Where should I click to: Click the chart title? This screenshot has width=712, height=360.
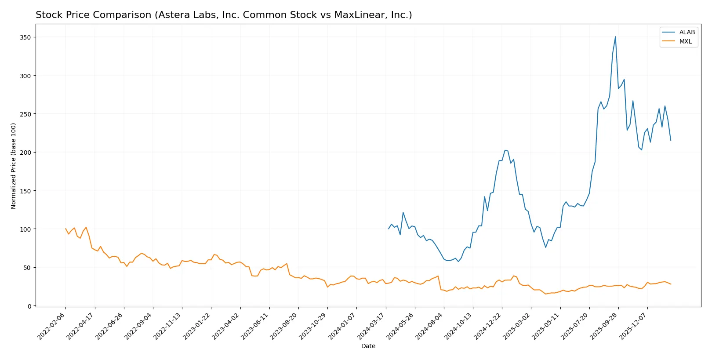click(224, 15)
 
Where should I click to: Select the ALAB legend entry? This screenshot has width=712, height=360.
click(687, 32)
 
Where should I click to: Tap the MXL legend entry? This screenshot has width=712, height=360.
click(685, 41)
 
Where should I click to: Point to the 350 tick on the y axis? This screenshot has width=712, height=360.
click(25, 37)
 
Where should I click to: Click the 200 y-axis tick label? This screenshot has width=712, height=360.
click(25, 153)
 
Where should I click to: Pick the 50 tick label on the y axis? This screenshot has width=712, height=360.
click(27, 268)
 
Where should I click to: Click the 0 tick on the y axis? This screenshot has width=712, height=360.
click(29, 306)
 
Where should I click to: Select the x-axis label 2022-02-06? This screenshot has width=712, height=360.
click(52, 326)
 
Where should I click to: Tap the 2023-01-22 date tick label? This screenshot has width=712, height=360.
click(197, 326)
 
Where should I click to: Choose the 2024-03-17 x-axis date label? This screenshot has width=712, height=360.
click(372, 326)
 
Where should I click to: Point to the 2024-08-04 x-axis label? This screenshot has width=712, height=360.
click(430, 326)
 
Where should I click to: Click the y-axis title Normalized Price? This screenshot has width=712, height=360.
click(14, 166)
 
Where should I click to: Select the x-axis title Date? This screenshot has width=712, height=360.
click(368, 346)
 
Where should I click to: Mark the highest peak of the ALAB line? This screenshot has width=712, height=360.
click(615, 36)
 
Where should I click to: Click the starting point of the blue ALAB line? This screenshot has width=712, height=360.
click(389, 229)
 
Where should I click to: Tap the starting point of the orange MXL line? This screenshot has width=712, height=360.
click(65, 229)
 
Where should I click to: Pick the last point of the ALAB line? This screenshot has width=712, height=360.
click(671, 140)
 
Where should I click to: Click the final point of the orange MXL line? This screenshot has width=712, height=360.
click(671, 284)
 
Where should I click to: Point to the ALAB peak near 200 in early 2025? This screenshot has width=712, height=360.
click(505, 150)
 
